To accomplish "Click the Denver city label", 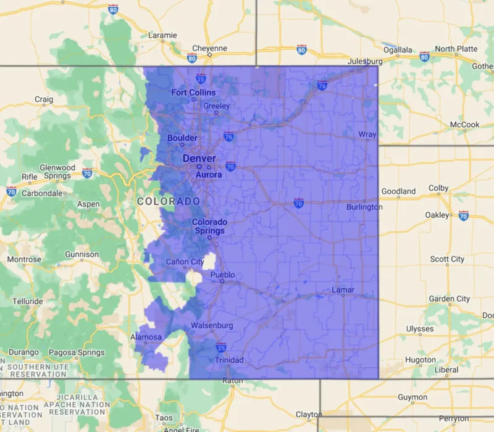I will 199,159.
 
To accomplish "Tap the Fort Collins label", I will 193,93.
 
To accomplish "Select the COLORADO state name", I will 169,202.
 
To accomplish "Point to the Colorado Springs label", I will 209,226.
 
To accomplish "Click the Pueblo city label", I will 223,274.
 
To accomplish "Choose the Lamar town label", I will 343,289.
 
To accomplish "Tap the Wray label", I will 367,135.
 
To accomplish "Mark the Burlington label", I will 364,207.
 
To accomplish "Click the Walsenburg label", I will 212,325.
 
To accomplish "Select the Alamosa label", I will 146,337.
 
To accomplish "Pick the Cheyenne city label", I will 209,48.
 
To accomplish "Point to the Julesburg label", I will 365,62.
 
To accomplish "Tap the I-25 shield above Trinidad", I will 220,348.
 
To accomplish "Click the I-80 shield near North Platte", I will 424,56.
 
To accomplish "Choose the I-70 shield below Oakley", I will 463,215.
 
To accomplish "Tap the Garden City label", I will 450,299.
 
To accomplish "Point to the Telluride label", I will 28,301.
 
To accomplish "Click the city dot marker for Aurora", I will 209,167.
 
